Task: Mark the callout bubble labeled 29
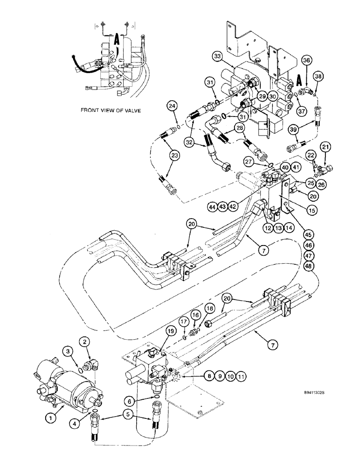point(262,96)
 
